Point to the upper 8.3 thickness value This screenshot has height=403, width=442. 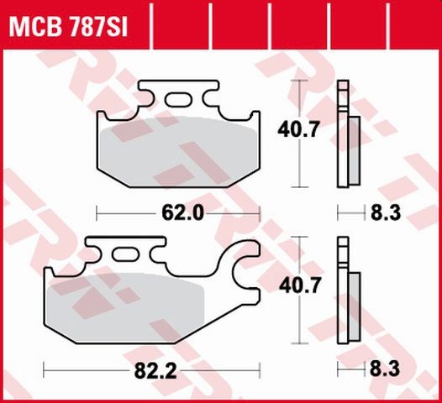click(x=385, y=213)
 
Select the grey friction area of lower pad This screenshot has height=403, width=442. click(x=126, y=311)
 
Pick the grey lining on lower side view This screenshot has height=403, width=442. click(x=354, y=304)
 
